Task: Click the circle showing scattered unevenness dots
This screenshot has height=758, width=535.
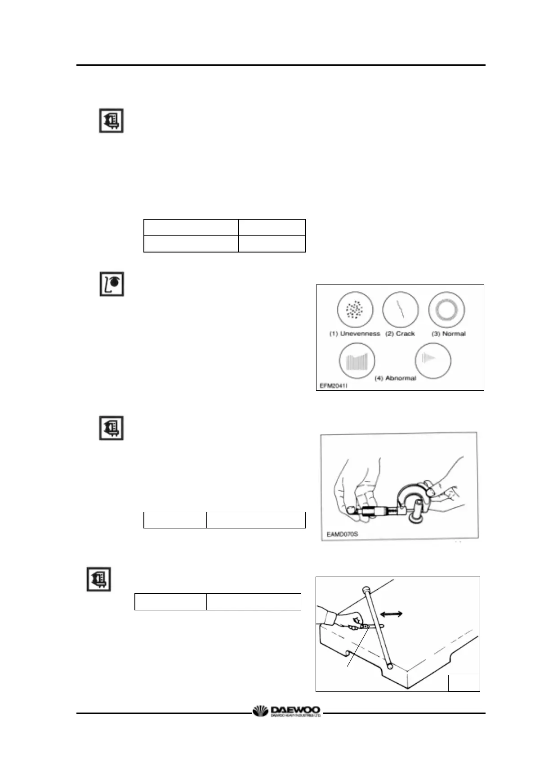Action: (355, 310)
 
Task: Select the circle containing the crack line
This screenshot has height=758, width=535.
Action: (400, 310)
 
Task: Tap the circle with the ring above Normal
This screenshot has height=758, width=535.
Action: (446, 310)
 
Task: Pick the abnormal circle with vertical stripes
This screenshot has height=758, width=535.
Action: (357, 361)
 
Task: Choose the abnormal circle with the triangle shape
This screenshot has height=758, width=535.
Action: (432, 361)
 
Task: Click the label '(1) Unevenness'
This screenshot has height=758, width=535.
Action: (354, 334)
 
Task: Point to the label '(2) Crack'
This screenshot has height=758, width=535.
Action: (400, 334)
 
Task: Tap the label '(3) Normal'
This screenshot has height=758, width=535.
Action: (448, 334)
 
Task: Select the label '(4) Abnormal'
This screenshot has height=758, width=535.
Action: (395, 378)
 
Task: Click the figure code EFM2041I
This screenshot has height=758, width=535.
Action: (334, 386)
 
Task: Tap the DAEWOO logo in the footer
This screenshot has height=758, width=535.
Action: (287, 712)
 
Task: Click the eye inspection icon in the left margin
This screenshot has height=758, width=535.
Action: (111, 284)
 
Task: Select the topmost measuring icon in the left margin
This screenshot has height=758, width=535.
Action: (111, 121)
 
